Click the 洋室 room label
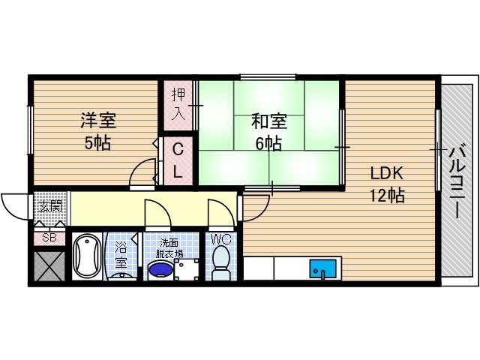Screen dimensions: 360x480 [x=98, y=120]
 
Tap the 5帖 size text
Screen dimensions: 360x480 [x=97, y=142]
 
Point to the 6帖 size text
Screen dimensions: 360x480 [x=268, y=143]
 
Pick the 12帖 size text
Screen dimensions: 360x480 [x=387, y=196]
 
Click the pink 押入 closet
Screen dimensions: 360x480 [x=178, y=104]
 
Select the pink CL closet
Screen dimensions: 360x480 [x=178, y=160]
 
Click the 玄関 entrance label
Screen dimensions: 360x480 [x=49, y=205]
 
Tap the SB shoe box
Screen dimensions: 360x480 [x=49, y=238]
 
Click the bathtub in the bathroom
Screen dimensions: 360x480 [x=88, y=256]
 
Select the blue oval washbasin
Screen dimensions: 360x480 [x=159, y=271]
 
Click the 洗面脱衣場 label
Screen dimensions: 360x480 [x=170, y=247]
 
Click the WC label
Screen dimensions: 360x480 [x=220, y=239]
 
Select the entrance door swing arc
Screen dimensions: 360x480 [x=15, y=206]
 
